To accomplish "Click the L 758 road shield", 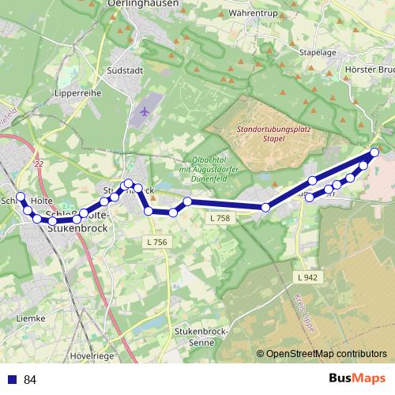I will (x=220, y=217).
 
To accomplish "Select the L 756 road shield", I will (x=157, y=242).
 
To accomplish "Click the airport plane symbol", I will (x=145, y=111).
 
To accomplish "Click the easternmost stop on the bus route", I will (x=374, y=152).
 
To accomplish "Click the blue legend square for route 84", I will (x=11, y=380).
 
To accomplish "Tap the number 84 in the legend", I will (x=30, y=380).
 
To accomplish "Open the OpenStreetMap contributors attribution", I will (x=325, y=355).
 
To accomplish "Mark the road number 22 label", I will (x=39, y=163).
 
